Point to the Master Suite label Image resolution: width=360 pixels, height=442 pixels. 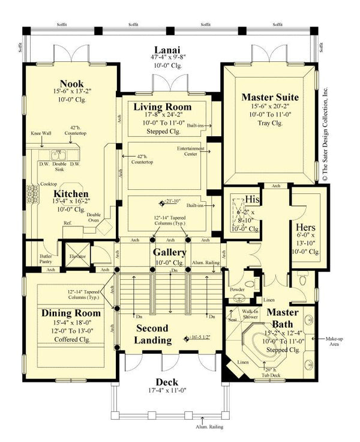pyautogui.click(x=269, y=97)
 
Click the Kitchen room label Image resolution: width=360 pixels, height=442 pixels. pyautogui.click(x=72, y=194)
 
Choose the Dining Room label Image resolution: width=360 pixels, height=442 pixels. pyautogui.click(x=71, y=313)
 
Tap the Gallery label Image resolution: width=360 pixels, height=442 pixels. pyautogui.click(x=169, y=252)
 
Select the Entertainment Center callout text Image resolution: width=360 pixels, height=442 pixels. pyautogui.click(x=191, y=150)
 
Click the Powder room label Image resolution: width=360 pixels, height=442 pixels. pyautogui.click(x=238, y=289)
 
